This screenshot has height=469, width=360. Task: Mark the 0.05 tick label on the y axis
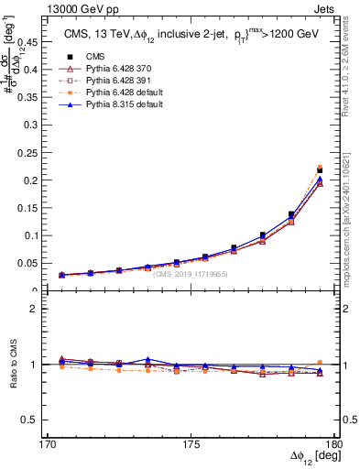35,264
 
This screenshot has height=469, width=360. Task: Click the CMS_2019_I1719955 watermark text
191,273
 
